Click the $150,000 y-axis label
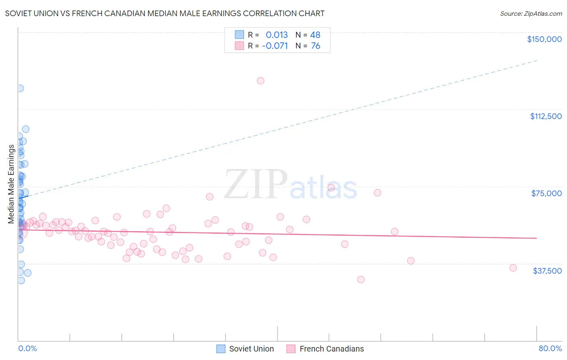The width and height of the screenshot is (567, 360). click(x=544, y=39)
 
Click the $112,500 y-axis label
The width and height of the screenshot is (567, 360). click(x=546, y=116)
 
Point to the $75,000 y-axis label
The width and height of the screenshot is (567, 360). click(x=546, y=193)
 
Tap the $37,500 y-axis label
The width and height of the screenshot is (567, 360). click(x=547, y=271)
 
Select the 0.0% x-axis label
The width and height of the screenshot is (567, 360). click(x=27, y=349)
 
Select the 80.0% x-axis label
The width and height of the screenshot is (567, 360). click(x=550, y=349)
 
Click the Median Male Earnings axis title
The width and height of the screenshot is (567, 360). click(x=11, y=184)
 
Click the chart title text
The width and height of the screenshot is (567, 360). click(x=165, y=14)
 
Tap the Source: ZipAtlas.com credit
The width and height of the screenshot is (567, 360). click(x=531, y=14)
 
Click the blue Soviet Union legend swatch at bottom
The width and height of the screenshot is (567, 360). click(x=221, y=349)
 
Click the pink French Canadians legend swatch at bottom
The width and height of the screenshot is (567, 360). click(x=291, y=349)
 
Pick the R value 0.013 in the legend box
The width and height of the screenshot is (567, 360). click(x=277, y=35)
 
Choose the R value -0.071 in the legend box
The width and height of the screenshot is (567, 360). click(x=275, y=46)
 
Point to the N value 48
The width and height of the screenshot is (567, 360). click(x=315, y=35)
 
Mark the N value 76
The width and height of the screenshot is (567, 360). click(x=315, y=46)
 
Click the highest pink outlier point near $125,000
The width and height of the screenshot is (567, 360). click(x=261, y=81)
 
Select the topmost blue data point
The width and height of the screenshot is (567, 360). click(x=20, y=88)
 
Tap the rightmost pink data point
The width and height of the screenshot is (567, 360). click(x=513, y=268)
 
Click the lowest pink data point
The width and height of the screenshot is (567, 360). click(x=361, y=280)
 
